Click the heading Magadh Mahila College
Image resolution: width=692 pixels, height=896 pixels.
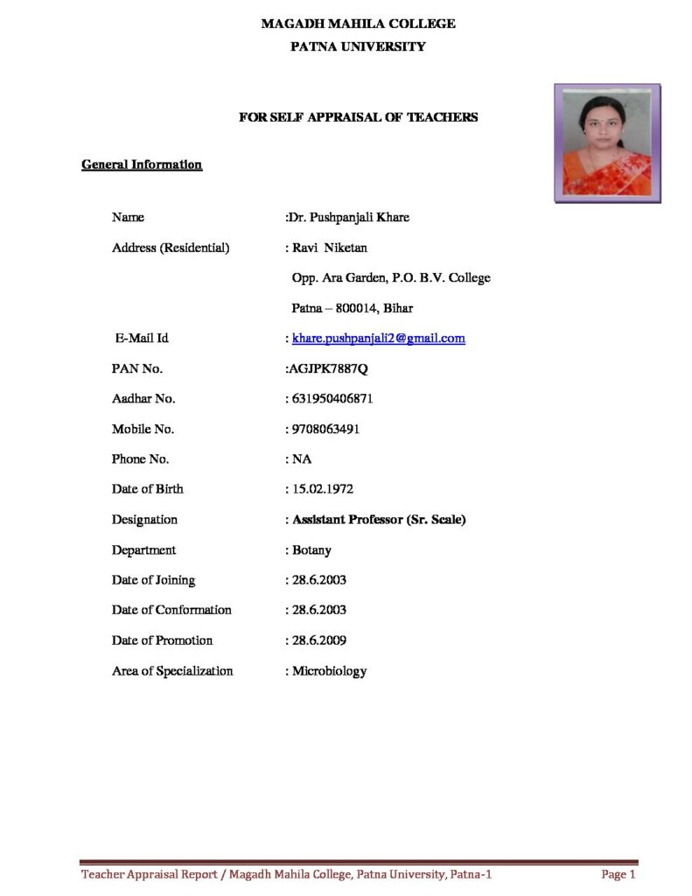coord(358,24)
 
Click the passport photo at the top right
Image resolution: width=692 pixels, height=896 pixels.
coord(607,143)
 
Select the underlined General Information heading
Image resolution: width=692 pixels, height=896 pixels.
coord(142,164)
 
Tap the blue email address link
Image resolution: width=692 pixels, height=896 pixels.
coord(379,338)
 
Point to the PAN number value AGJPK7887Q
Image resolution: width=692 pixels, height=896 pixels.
coord(328,368)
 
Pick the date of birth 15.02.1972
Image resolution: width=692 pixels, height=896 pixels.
coord(323,489)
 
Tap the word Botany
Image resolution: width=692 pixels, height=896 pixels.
coord(311,549)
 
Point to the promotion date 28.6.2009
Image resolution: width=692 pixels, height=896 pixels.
coord(319,640)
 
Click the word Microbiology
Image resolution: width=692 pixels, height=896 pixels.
coord(329,671)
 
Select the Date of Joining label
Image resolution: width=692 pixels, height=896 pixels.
coord(153,580)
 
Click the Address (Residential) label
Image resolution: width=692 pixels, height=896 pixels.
coord(171,248)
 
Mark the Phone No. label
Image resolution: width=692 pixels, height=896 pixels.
coord(140,458)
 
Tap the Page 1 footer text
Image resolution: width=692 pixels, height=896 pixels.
coord(618,874)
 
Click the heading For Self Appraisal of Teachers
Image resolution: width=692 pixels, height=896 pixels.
coord(358,117)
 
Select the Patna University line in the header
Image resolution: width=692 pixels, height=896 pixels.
coord(358,46)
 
